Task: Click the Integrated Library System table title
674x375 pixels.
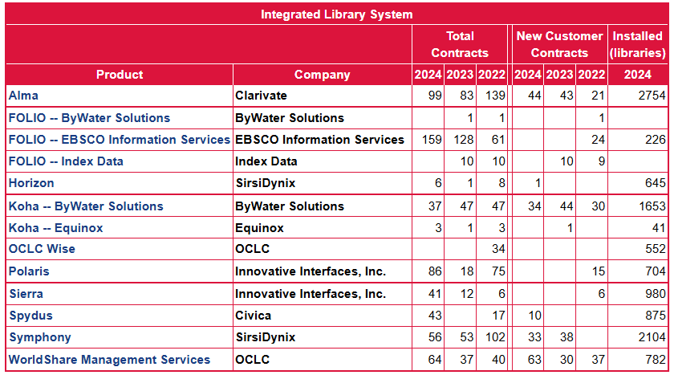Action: (x=336, y=14)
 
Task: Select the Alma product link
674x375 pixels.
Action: (x=23, y=96)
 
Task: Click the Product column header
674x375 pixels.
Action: (x=120, y=75)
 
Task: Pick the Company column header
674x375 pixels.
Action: (x=322, y=75)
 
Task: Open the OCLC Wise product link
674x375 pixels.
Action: (x=42, y=249)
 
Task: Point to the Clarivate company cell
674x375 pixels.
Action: (x=261, y=96)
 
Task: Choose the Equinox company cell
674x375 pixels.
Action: (x=259, y=228)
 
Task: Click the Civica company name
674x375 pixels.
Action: (x=253, y=316)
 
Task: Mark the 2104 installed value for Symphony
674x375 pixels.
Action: (x=652, y=337)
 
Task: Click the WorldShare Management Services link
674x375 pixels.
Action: (x=109, y=360)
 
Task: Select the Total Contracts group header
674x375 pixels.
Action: (x=460, y=44)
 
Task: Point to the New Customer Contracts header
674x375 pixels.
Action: (x=559, y=44)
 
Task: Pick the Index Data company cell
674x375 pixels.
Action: (x=266, y=161)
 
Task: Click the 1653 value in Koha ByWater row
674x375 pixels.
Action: (x=652, y=206)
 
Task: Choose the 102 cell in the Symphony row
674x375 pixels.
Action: (x=491, y=337)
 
